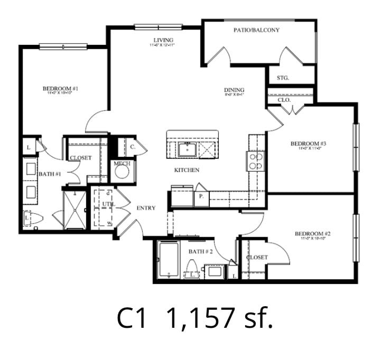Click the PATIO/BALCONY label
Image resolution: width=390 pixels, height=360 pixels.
pos(256,30)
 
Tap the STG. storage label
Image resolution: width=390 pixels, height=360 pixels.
pos(283,78)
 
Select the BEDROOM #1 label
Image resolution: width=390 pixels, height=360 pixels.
pos(61,89)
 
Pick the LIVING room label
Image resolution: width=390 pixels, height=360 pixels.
pos(163,40)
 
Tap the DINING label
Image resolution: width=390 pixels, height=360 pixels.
pos(234,90)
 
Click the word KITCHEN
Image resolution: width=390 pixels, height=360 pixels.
pos(187,170)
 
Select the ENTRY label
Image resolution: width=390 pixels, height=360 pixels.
pos(146,208)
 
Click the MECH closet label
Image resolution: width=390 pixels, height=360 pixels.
pos(122,164)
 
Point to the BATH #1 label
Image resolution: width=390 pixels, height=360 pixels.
pos(49,173)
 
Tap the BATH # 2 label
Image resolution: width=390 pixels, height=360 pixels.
pos(200,251)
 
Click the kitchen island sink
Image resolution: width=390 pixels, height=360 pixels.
pos(186,149)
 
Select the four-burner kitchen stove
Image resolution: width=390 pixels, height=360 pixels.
pos(256,160)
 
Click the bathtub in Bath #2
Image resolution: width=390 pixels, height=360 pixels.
pos(169,260)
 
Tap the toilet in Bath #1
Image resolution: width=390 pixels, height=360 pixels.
pos(33,218)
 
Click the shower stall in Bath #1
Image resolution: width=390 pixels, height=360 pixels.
pos(75,210)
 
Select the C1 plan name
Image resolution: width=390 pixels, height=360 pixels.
pos(132,318)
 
